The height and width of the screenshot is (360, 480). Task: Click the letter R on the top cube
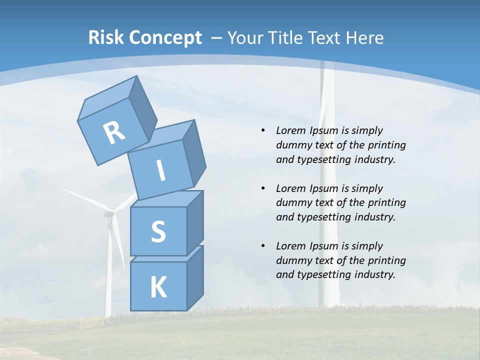[114, 133]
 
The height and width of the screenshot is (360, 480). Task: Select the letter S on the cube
[158, 231]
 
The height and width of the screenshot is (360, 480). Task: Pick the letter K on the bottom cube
[158, 287]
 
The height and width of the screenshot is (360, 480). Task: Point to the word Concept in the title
[165, 38]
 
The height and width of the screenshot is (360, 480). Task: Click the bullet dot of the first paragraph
[263, 130]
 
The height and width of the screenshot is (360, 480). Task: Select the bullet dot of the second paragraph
[263, 188]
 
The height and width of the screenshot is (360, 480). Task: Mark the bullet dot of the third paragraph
[263, 246]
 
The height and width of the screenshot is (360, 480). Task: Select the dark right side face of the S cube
[195, 225]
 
